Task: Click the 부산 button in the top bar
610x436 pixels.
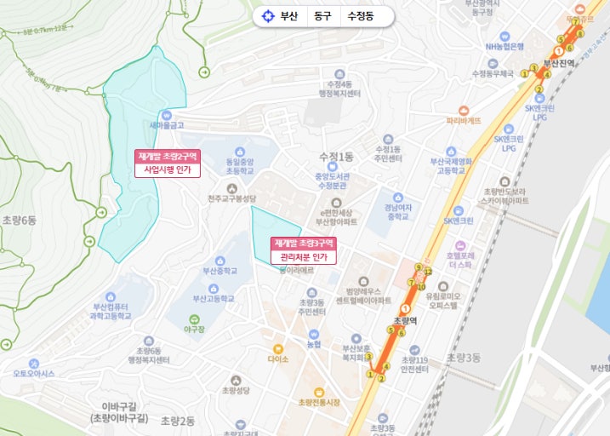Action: [280, 16]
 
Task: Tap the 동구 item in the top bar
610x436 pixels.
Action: [322, 16]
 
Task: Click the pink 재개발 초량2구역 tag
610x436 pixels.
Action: [167, 157]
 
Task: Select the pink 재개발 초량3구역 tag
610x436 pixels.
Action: [304, 243]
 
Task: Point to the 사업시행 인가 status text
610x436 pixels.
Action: [167, 170]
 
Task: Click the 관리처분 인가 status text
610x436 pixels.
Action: [304, 256]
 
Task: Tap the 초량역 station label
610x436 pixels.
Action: [405, 321]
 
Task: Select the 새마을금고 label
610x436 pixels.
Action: [167, 125]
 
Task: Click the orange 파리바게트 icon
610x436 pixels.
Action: [464, 111]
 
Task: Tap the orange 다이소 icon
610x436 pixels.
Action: [277, 348]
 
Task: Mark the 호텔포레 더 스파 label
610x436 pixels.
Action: [459, 260]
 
